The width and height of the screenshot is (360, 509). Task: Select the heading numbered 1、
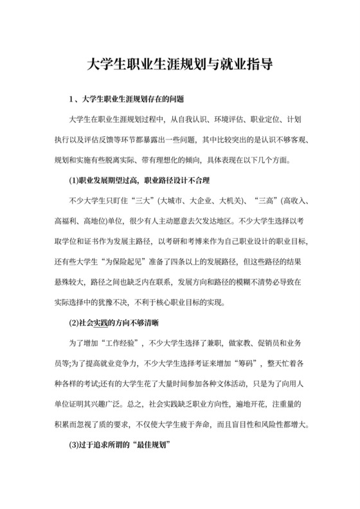[x=127, y=100]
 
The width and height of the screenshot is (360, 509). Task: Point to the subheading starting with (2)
[x=114, y=321]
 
